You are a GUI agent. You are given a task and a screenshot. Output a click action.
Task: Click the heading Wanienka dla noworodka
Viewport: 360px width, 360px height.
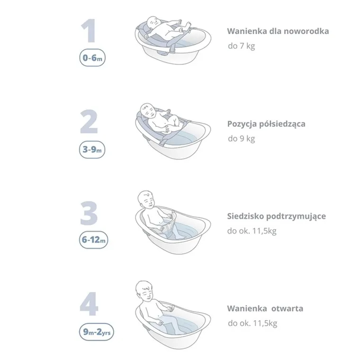pyautogui.click(x=278, y=32)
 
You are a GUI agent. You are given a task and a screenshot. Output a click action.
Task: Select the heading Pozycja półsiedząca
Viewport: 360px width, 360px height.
pyautogui.click(x=266, y=124)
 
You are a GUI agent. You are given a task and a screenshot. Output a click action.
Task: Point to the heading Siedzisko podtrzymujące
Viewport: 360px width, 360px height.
pyautogui.click(x=276, y=216)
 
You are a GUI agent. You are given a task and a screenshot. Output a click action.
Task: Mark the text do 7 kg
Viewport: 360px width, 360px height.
pyautogui.click(x=241, y=46)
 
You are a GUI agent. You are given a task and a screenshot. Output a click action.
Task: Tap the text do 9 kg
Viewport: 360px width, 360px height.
pyautogui.click(x=241, y=139)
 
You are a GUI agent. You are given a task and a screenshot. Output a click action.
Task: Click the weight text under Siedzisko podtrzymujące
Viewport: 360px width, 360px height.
pyautogui.click(x=252, y=231)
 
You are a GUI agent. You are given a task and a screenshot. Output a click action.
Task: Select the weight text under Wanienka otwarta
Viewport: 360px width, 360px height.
pyautogui.click(x=252, y=324)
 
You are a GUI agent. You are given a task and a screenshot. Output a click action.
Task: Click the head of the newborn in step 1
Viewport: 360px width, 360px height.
pyautogui.click(x=153, y=23)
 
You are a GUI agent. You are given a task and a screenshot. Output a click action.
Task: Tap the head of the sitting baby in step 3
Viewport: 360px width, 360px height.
pyautogui.click(x=146, y=201)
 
